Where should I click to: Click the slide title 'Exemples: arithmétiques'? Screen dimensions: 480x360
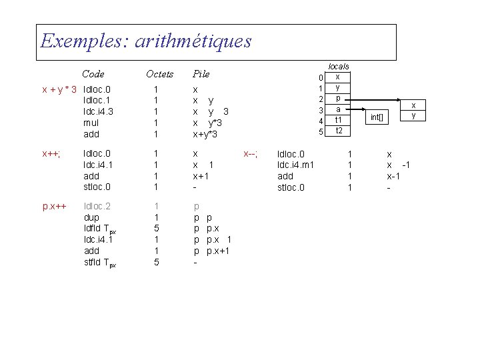[146, 41]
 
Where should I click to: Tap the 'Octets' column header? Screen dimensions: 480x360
[159, 73]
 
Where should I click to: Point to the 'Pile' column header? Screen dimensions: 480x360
[201, 73]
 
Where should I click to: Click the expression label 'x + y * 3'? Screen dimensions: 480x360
[59, 89]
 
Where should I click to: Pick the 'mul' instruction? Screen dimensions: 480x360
[91, 123]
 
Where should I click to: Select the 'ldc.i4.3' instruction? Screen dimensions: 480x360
[98, 111]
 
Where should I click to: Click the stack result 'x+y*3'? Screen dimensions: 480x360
[206, 134]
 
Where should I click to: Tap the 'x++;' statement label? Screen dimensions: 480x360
[51, 153]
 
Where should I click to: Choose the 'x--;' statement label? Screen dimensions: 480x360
[251, 153]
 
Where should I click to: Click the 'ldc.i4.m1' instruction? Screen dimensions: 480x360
[295, 165]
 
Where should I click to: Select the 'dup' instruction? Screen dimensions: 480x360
[91, 217]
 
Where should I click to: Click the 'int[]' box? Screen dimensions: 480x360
[378, 118]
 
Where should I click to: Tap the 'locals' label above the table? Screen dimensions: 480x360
[339, 67]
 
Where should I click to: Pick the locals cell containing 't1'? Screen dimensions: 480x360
[339, 120]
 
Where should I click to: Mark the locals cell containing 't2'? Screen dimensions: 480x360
[339, 131]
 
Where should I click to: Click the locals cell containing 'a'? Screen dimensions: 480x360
[339, 109]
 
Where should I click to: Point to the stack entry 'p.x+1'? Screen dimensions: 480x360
[219, 251]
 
